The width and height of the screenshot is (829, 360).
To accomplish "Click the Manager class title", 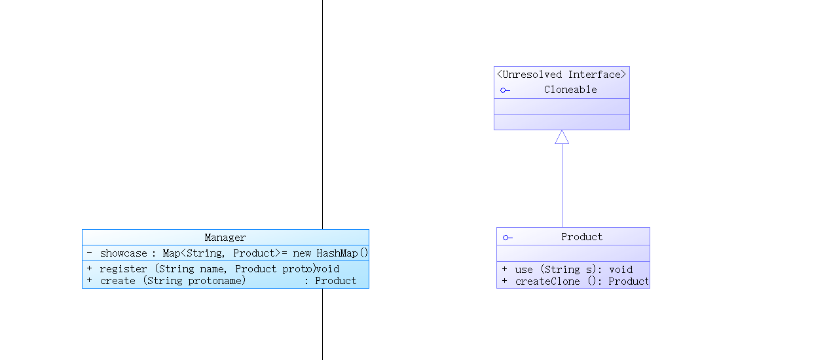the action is (225, 237).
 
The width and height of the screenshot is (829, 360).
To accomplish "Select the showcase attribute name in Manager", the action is (123, 253).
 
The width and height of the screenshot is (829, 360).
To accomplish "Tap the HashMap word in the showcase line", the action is (337, 253).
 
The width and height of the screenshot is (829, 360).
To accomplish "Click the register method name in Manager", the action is (123, 269).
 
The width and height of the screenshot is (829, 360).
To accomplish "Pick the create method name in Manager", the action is (118, 281).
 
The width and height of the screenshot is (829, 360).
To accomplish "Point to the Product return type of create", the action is (335, 281).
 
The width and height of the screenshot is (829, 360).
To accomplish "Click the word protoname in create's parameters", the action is (214, 281).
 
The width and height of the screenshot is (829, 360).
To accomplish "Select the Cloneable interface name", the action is (570, 90).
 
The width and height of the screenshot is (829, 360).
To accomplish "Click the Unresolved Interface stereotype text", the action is (561, 75).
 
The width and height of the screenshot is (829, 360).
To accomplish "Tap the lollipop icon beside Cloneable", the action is (505, 90).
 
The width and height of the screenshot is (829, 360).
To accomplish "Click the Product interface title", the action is (581, 237).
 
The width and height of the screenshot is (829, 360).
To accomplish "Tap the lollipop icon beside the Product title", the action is (507, 238).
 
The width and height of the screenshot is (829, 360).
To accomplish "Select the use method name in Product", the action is (524, 270).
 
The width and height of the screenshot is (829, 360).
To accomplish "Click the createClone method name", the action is (547, 281).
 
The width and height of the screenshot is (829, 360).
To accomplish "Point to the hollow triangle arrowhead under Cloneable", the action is (562, 137).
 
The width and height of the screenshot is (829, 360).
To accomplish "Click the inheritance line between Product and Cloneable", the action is (562, 185).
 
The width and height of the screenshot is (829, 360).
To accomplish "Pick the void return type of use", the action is (621, 270).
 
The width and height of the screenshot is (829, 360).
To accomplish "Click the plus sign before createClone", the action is (504, 281).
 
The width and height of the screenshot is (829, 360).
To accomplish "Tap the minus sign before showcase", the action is (89, 253).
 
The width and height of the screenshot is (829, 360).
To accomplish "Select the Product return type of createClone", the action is (629, 281).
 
